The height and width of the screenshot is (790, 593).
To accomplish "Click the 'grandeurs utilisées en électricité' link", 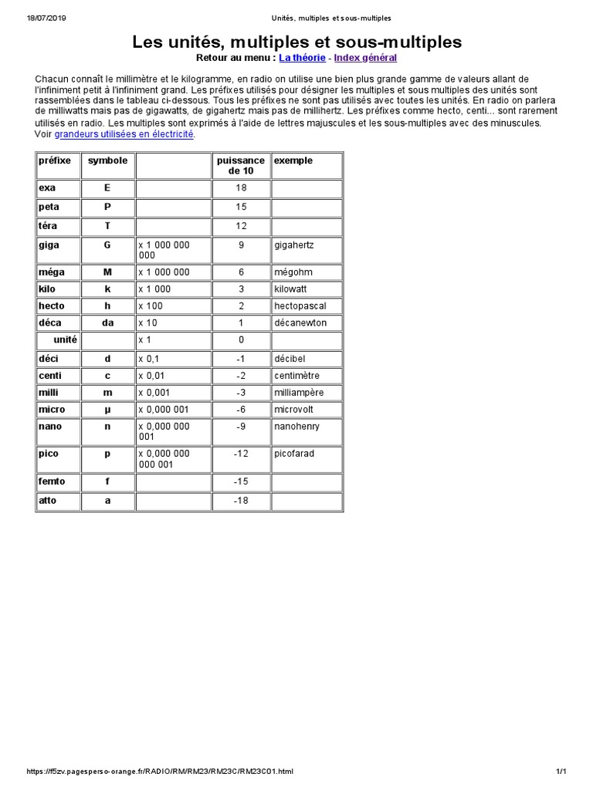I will tap(124, 133).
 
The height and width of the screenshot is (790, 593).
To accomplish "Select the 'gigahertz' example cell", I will tap(294, 245).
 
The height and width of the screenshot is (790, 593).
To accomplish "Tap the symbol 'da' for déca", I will tap(108, 322).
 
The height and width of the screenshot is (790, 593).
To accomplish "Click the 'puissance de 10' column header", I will tap(241, 165).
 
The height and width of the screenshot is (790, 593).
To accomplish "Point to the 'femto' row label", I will tap(52, 481).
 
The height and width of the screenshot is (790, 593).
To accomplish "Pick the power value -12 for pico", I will tap(241, 454).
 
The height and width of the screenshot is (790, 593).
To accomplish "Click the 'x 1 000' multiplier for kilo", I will tap(154, 289).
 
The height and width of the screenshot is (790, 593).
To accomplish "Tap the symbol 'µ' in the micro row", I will tap(108, 409).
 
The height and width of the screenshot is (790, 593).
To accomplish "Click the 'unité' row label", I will tap(66, 339).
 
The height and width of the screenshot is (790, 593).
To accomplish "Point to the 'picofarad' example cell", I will tap(294, 454).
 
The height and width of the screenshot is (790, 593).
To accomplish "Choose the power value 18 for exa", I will tap(241, 187).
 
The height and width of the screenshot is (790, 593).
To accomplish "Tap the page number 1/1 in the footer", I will tap(561, 771).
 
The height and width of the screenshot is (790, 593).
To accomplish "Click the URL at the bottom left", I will tap(160, 771).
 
